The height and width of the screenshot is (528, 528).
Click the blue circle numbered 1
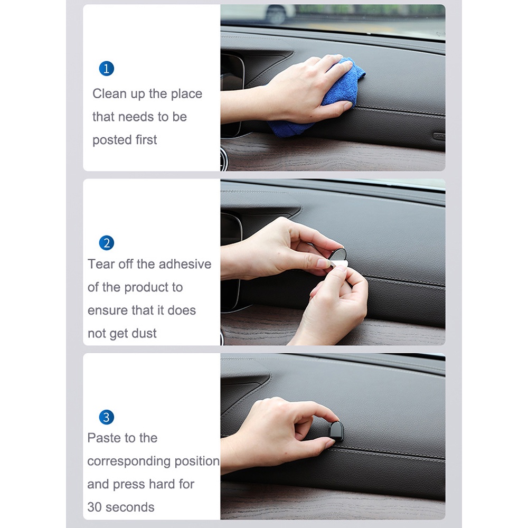pos(107,69)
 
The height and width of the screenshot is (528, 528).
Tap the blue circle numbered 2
pos(107,243)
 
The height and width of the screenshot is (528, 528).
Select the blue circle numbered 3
pos(107,417)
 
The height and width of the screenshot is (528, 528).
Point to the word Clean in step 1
pos(110,94)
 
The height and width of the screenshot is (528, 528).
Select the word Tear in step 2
pos(100,264)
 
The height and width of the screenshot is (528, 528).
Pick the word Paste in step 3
pos(104,438)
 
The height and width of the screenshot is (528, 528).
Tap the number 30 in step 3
pos(95,507)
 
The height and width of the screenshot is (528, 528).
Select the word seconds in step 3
pos(130,507)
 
